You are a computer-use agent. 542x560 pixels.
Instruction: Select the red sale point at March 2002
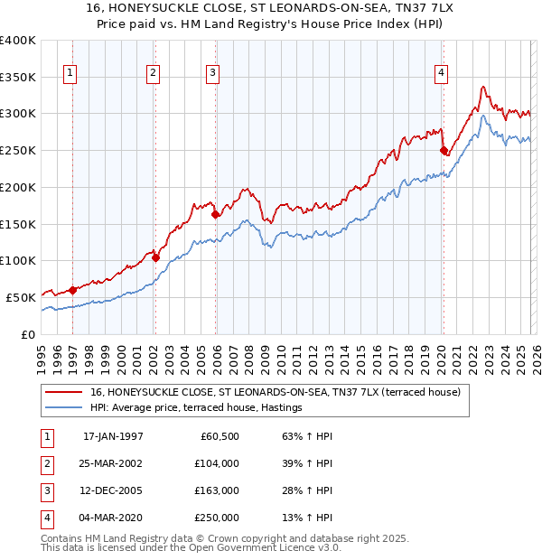point(155,257)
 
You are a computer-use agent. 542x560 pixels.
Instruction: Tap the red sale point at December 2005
point(215,215)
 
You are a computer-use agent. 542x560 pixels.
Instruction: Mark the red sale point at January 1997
point(73,290)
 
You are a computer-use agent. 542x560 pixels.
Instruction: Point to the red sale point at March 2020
point(444,151)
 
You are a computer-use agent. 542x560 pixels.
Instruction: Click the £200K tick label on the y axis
point(17,187)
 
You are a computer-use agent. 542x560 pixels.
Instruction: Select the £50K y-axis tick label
point(21,297)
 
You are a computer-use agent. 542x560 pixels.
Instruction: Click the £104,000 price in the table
point(217,463)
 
